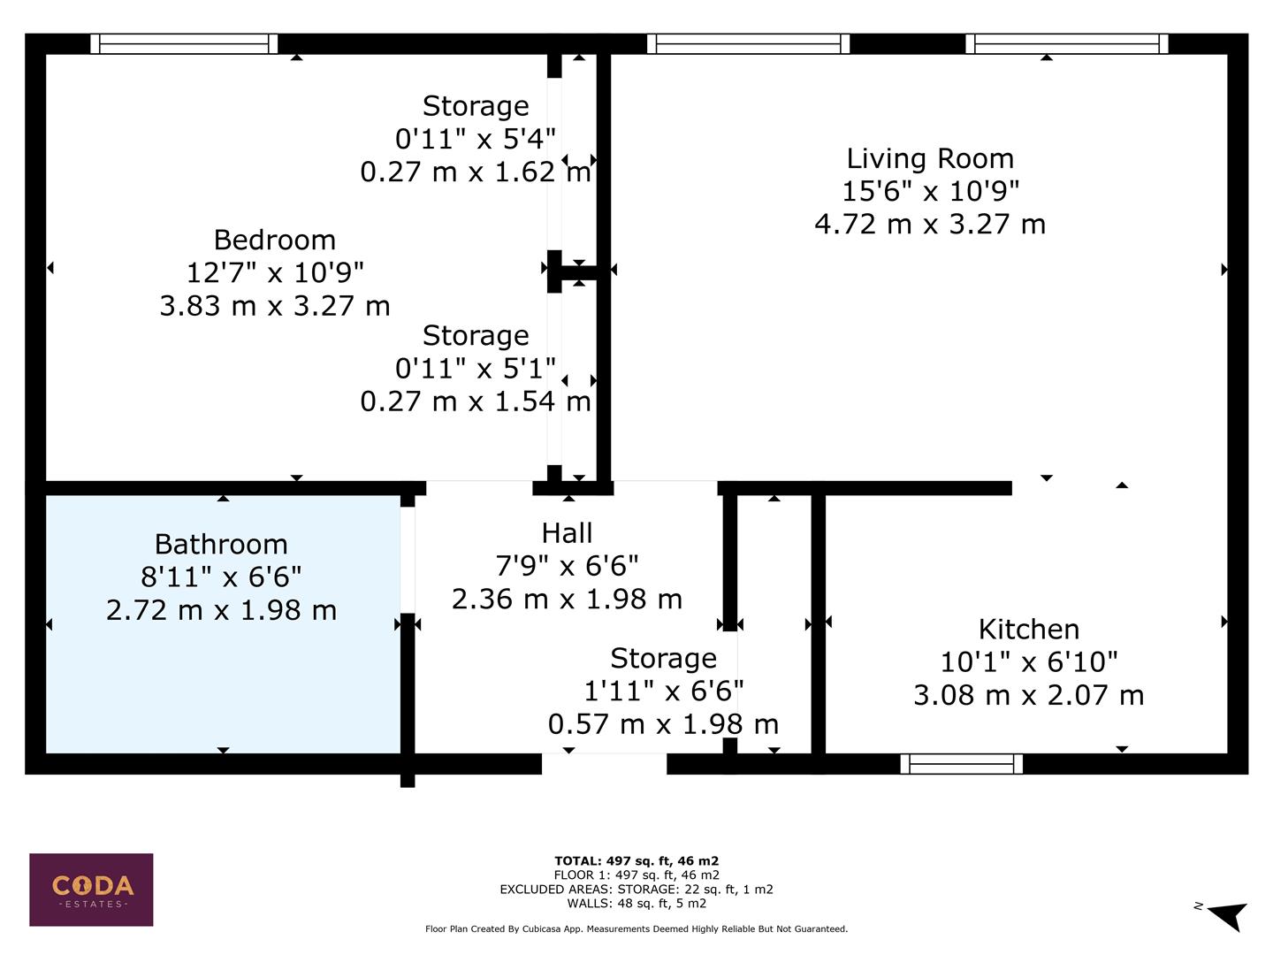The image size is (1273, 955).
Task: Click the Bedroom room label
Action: click(x=274, y=240)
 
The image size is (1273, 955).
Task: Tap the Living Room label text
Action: click(x=930, y=158)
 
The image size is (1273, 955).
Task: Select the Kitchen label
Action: click(x=1028, y=629)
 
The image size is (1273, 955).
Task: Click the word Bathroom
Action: click(x=221, y=544)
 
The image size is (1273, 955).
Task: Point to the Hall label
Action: click(x=567, y=533)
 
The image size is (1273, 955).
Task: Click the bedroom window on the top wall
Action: click(x=184, y=43)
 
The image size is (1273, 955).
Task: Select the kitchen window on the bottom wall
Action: click(x=961, y=764)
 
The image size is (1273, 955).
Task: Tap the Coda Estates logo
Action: click(x=91, y=889)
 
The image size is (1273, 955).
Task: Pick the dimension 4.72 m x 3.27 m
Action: click(x=930, y=224)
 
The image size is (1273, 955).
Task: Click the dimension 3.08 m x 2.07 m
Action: click(x=1028, y=695)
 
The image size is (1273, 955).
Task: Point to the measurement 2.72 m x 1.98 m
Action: click(x=221, y=610)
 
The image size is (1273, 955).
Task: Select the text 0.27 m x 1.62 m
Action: click(x=476, y=172)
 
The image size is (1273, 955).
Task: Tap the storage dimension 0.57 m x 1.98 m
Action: click(x=663, y=724)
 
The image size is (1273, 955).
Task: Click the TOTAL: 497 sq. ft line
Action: click(x=636, y=860)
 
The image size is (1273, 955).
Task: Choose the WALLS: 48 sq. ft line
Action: click(x=636, y=903)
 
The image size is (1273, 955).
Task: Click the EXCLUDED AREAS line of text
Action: click(x=636, y=889)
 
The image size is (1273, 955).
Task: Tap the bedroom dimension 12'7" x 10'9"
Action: click(x=274, y=272)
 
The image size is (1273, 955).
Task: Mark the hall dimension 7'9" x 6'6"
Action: click(x=567, y=566)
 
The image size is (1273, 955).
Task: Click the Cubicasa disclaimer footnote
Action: click(x=636, y=928)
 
